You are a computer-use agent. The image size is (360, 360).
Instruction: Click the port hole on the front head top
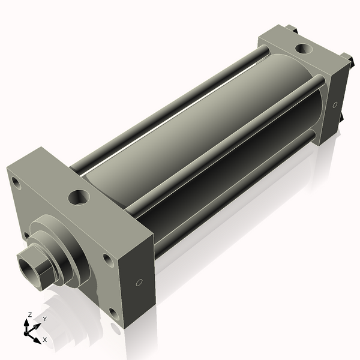(79, 196)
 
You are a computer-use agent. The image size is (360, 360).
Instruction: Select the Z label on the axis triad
(29, 314)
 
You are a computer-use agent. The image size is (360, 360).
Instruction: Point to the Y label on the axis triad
(44, 319)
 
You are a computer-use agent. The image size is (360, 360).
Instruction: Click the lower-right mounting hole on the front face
(113, 312)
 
